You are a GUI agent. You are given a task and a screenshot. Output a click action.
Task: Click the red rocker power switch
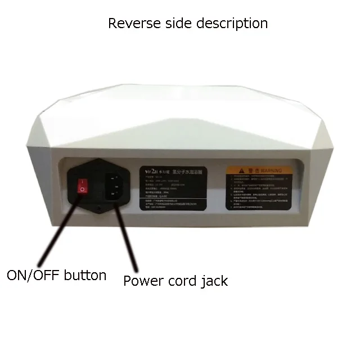click(x=82, y=186)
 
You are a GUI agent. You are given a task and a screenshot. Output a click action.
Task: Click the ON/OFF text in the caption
click(x=31, y=276)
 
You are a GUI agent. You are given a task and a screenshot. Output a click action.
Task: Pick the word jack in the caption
click(x=217, y=281)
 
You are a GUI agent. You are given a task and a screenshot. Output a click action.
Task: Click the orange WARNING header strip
click(x=259, y=170)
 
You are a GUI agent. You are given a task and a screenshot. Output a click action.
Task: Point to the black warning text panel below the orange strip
click(x=259, y=192)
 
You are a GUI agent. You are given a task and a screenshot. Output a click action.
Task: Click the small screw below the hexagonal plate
click(x=100, y=209)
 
